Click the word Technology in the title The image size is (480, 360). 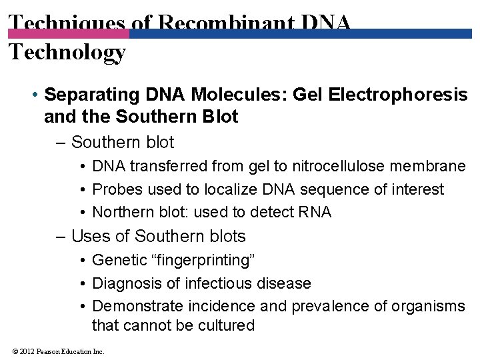click(67, 52)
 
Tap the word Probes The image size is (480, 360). click(117, 189)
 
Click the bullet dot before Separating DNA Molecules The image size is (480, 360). click(34, 95)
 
